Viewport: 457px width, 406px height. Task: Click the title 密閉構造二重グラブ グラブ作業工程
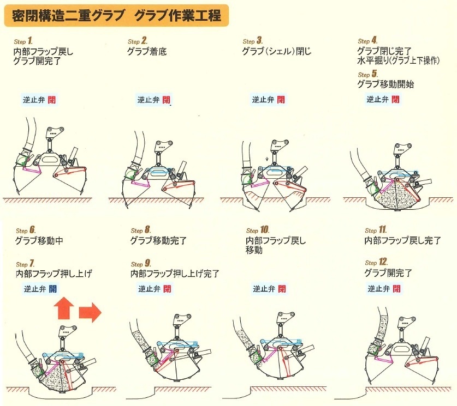(x=116, y=15)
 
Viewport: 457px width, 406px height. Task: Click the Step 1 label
(x=23, y=41)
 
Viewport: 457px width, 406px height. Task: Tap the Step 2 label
(x=138, y=41)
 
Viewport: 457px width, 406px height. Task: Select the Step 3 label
(x=253, y=41)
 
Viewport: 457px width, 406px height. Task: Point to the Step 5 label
(x=368, y=74)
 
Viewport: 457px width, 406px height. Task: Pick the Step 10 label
(x=258, y=230)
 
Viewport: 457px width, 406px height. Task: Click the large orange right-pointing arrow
(x=90, y=312)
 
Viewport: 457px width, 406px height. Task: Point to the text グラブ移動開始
(x=385, y=84)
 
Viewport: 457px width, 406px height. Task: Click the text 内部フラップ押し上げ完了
(x=175, y=274)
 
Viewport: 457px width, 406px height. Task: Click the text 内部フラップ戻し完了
(x=402, y=240)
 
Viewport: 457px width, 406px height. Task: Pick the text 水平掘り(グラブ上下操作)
(x=398, y=60)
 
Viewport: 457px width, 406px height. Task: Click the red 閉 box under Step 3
(x=281, y=100)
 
